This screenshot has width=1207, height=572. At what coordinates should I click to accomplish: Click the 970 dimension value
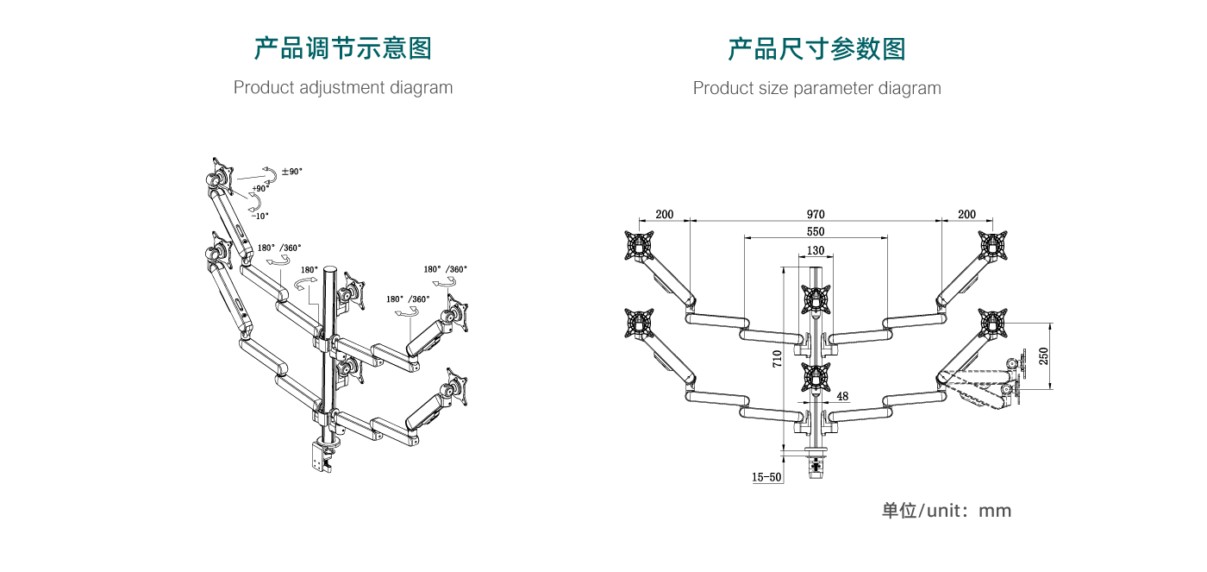816,215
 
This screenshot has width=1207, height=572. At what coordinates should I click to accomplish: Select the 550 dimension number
816,232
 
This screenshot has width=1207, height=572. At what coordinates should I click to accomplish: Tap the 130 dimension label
816,251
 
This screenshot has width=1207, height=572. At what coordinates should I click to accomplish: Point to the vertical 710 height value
777,358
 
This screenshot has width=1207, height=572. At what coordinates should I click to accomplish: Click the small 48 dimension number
842,397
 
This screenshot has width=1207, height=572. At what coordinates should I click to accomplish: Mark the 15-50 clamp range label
766,477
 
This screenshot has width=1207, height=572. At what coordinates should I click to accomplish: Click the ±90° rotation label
292,172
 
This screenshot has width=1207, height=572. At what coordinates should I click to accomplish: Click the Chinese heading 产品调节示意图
342,48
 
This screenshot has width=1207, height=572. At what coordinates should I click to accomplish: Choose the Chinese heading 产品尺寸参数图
816,48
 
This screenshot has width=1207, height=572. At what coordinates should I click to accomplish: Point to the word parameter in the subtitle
833,88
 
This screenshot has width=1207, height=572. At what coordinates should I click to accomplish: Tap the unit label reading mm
995,511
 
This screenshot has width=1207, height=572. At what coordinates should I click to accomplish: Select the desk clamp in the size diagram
816,462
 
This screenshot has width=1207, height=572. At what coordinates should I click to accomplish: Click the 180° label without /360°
310,269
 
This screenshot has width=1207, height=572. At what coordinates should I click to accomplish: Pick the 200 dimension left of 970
664,215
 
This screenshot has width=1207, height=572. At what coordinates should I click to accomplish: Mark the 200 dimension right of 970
966,215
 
